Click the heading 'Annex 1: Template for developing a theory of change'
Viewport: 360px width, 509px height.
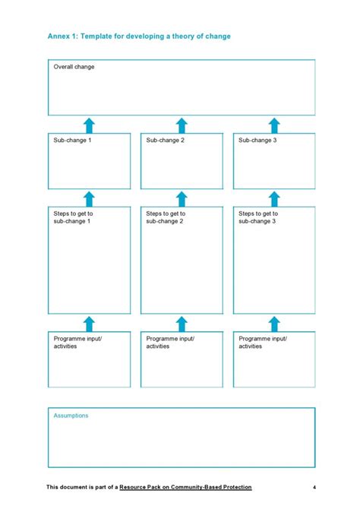pyautogui.click(x=139, y=36)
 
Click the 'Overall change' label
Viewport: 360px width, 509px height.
pyautogui.click(x=74, y=67)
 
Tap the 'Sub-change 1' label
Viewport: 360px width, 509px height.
pyautogui.click(x=72, y=141)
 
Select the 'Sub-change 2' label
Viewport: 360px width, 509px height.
pyautogui.click(x=165, y=141)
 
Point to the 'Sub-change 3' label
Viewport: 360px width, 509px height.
pyautogui.click(x=257, y=141)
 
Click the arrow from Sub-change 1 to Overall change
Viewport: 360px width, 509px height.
pyautogui.click(x=89, y=125)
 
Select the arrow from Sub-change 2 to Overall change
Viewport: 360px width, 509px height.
pyautogui.click(x=182, y=125)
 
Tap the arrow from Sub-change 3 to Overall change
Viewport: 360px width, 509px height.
pyautogui.click(x=274, y=125)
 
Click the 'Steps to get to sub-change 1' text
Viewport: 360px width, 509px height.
pyautogui.click(x=73, y=217)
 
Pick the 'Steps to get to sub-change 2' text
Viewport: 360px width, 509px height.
pyautogui.click(x=166, y=217)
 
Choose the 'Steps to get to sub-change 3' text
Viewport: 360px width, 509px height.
pyautogui.click(x=258, y=217)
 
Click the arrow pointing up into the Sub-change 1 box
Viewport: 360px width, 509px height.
pyautogui.click(x=89, y=199)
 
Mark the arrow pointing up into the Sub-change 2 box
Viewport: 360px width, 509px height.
pyautogui.click(x=182, y=199)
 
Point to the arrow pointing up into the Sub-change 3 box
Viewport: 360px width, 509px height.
pyautogui.click(x=274, y=199)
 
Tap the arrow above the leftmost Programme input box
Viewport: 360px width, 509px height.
pyautogui.click(x=89, y=324)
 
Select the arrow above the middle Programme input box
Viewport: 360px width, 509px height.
pyautogui.click(x=182, y=324)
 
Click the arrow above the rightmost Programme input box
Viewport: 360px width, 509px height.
pyautogui.click(x=274, y=324)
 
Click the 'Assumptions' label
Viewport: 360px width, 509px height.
pyautogui.click(x=71, y=416)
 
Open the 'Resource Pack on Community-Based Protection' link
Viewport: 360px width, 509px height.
pyautogui.click(x=185, y=487)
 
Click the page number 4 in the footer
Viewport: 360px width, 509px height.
pyautogui.click(x=314, y=487)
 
